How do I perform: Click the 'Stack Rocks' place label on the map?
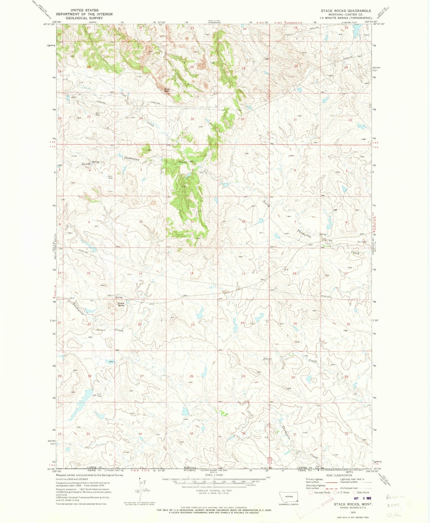pos(121,304)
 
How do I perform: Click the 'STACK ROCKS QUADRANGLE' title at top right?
pos(346,11)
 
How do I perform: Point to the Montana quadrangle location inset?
pos(287,496)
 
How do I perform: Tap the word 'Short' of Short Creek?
pos(267,359)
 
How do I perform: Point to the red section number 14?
pos(192,273)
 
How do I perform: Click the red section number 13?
pos(243,274)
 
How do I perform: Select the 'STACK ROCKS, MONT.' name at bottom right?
pos(353,504)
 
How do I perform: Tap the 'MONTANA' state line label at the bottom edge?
pos(190,468)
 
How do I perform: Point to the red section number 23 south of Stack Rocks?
pos(193,325)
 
